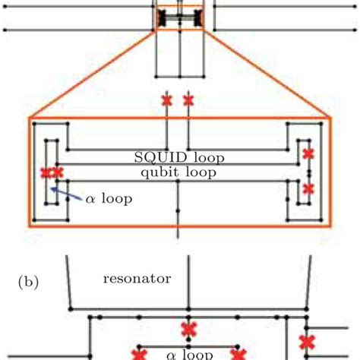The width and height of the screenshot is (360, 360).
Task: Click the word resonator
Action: pyautogui.click(x=137, y=279)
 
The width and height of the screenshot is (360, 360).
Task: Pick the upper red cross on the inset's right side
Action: pyautogui.click(x=308, y=154)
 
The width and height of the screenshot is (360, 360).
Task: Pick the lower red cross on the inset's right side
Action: pyautogui.click(x=308, y=188)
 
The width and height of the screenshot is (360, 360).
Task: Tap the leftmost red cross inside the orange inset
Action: pyautogui.click(x=46, y=172)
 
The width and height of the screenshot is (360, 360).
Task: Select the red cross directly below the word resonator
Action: pyautogui.click(x=188, y=329)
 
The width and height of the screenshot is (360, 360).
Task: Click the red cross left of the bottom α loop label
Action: pyautogui.click(x=139, y=354)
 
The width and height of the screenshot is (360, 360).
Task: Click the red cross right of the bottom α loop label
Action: pyautogui.click(x=238, y=354)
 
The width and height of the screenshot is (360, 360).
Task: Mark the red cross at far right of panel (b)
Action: pyautogui.click(x=307, y=341)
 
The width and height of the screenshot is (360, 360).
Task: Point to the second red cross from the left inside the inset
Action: pyautogui.click(x=58, y=172)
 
